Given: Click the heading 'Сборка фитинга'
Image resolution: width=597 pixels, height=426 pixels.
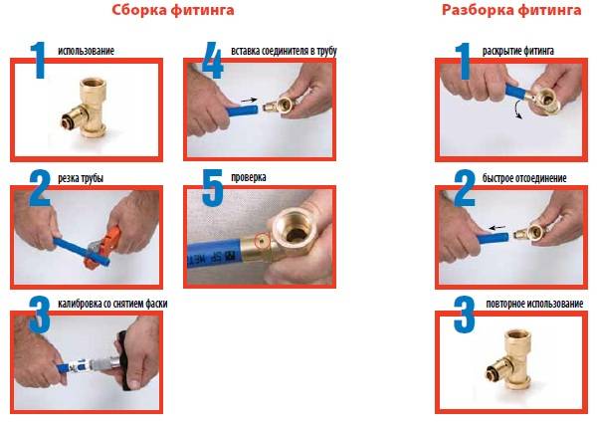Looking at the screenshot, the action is click(173, 10).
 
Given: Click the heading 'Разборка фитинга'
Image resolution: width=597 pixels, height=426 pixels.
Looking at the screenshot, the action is click(511, 10).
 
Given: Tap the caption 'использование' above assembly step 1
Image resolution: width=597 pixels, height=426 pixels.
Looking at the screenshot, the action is click(86, 51).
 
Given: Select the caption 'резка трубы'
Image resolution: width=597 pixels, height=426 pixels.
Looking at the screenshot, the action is click(81, 178).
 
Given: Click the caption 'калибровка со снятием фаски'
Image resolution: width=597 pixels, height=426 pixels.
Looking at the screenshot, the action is click(112, 304).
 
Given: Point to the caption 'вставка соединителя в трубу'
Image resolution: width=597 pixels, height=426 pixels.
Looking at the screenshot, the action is click(284, 51).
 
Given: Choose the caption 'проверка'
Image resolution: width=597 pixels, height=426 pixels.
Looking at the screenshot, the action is click(249, 177).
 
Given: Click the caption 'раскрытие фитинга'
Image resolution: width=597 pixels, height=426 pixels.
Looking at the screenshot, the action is click(518, 51).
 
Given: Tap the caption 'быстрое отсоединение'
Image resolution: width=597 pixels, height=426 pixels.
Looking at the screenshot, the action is click(524, 178).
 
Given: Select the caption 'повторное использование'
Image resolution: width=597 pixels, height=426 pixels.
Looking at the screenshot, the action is click(534, 304).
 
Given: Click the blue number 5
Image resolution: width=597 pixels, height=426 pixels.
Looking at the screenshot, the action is click(212, 188).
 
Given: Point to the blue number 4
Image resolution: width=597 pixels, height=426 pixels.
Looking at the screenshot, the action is click(212, 60).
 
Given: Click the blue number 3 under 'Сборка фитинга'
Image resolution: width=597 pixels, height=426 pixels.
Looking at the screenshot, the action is click(39, 315).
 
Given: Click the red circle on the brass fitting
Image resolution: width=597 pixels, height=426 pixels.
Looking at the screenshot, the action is click(263, 241).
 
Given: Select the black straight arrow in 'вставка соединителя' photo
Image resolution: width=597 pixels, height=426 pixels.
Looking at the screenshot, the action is click(249, 101).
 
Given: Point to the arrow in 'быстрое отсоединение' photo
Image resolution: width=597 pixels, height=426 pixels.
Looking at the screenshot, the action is click(497, 228).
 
